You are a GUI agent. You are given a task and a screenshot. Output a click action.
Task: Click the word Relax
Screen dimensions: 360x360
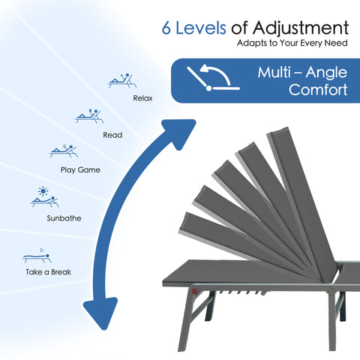point(142,98)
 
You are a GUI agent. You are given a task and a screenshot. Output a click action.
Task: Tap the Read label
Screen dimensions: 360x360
point(112,135)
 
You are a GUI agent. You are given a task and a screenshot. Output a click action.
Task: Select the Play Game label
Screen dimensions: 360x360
point(80,170)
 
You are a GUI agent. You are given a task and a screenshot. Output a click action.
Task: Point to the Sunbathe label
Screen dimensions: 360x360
point(64,218)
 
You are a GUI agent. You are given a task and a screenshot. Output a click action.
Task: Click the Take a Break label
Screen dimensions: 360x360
point(48,272)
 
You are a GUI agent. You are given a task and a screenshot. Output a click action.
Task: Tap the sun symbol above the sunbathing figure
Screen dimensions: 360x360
point(43,191)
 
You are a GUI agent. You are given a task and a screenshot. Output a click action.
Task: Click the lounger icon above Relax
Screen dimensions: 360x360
point(122,80)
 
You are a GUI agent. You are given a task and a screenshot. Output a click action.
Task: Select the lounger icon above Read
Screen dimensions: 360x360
point(89,116)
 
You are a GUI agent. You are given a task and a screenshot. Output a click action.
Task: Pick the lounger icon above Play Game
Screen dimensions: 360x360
point(64,151)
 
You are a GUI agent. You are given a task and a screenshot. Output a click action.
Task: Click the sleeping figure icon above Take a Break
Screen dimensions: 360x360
point(37,256)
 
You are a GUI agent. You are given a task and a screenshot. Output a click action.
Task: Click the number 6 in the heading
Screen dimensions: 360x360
point(166,28)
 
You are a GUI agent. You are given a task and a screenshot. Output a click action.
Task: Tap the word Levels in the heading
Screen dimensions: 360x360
point(201,28)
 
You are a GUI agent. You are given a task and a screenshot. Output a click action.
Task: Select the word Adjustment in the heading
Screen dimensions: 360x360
point(301,28)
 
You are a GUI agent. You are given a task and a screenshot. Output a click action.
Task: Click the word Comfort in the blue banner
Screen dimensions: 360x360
point(318,89)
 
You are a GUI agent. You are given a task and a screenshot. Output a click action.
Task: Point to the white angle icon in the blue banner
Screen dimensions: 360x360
point(213,77)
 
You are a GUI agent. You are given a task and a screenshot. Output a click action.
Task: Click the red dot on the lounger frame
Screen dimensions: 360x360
point(194,291)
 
